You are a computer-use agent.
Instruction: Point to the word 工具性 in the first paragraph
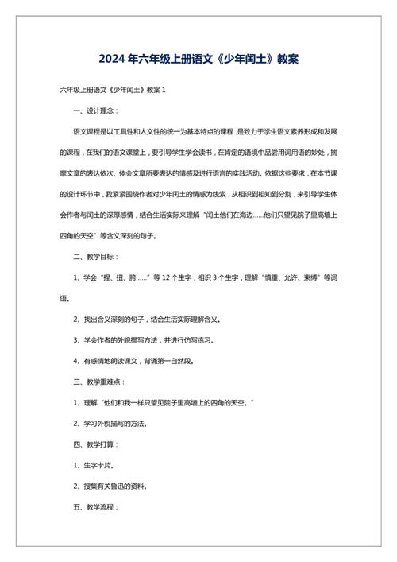click(129, 130)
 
